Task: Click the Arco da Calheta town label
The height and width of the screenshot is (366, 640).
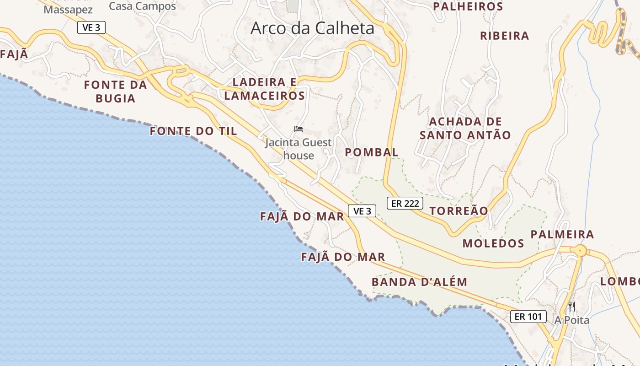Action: (x=312, y=28)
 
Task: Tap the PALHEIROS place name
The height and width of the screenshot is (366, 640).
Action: (x=468, y=6)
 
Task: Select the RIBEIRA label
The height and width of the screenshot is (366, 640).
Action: (x=504, y=36)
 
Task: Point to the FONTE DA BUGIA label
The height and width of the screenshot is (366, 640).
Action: (x=116, y=91)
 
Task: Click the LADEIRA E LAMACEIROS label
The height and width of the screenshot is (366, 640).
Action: (x=265, y=89)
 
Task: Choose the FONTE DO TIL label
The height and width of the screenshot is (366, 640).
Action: (x=193, y=131)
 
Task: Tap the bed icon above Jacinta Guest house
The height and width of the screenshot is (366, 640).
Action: (x=299, y=129)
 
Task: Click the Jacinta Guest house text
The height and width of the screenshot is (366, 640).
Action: (x=299, y=149)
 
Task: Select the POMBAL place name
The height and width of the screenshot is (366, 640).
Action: (x=372, y=152)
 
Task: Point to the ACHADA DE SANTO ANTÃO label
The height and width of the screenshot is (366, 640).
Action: (x=465, y=129)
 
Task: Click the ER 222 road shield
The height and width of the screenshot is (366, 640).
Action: (x=405, y=203)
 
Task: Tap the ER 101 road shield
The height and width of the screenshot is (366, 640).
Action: (x=528, y=316)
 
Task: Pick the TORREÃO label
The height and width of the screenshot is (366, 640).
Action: (x=459, y=211)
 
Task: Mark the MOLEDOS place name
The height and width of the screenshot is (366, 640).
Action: (x=493, y=243)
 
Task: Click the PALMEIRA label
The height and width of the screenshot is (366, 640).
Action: (x=562, y=235)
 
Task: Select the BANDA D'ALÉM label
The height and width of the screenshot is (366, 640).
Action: (x=419, y=282)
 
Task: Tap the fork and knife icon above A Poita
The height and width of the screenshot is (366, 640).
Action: (x=572, y=306)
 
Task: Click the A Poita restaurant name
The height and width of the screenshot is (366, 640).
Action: (x=572, y=320)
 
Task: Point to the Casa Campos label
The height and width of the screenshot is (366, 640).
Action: (x=142, y=6)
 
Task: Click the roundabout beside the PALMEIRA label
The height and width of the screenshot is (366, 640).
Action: (x=581, y=251)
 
